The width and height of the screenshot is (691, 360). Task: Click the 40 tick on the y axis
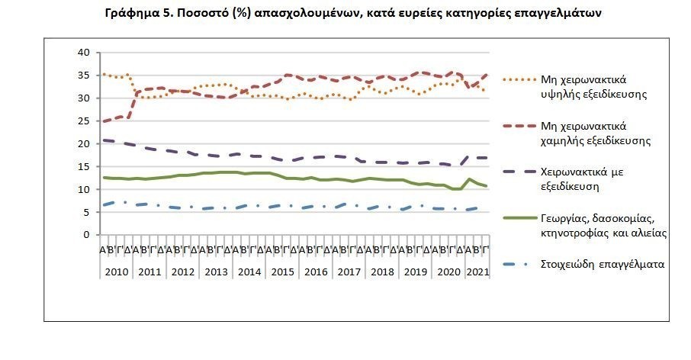tap(84, 52)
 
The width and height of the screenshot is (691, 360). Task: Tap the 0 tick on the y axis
tap(87, 235)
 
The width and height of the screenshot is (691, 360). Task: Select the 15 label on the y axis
tap(84, 166)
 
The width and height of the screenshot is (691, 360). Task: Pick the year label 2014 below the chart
tap(249, 272)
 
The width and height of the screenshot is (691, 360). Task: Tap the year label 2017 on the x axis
tap(350, 272)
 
